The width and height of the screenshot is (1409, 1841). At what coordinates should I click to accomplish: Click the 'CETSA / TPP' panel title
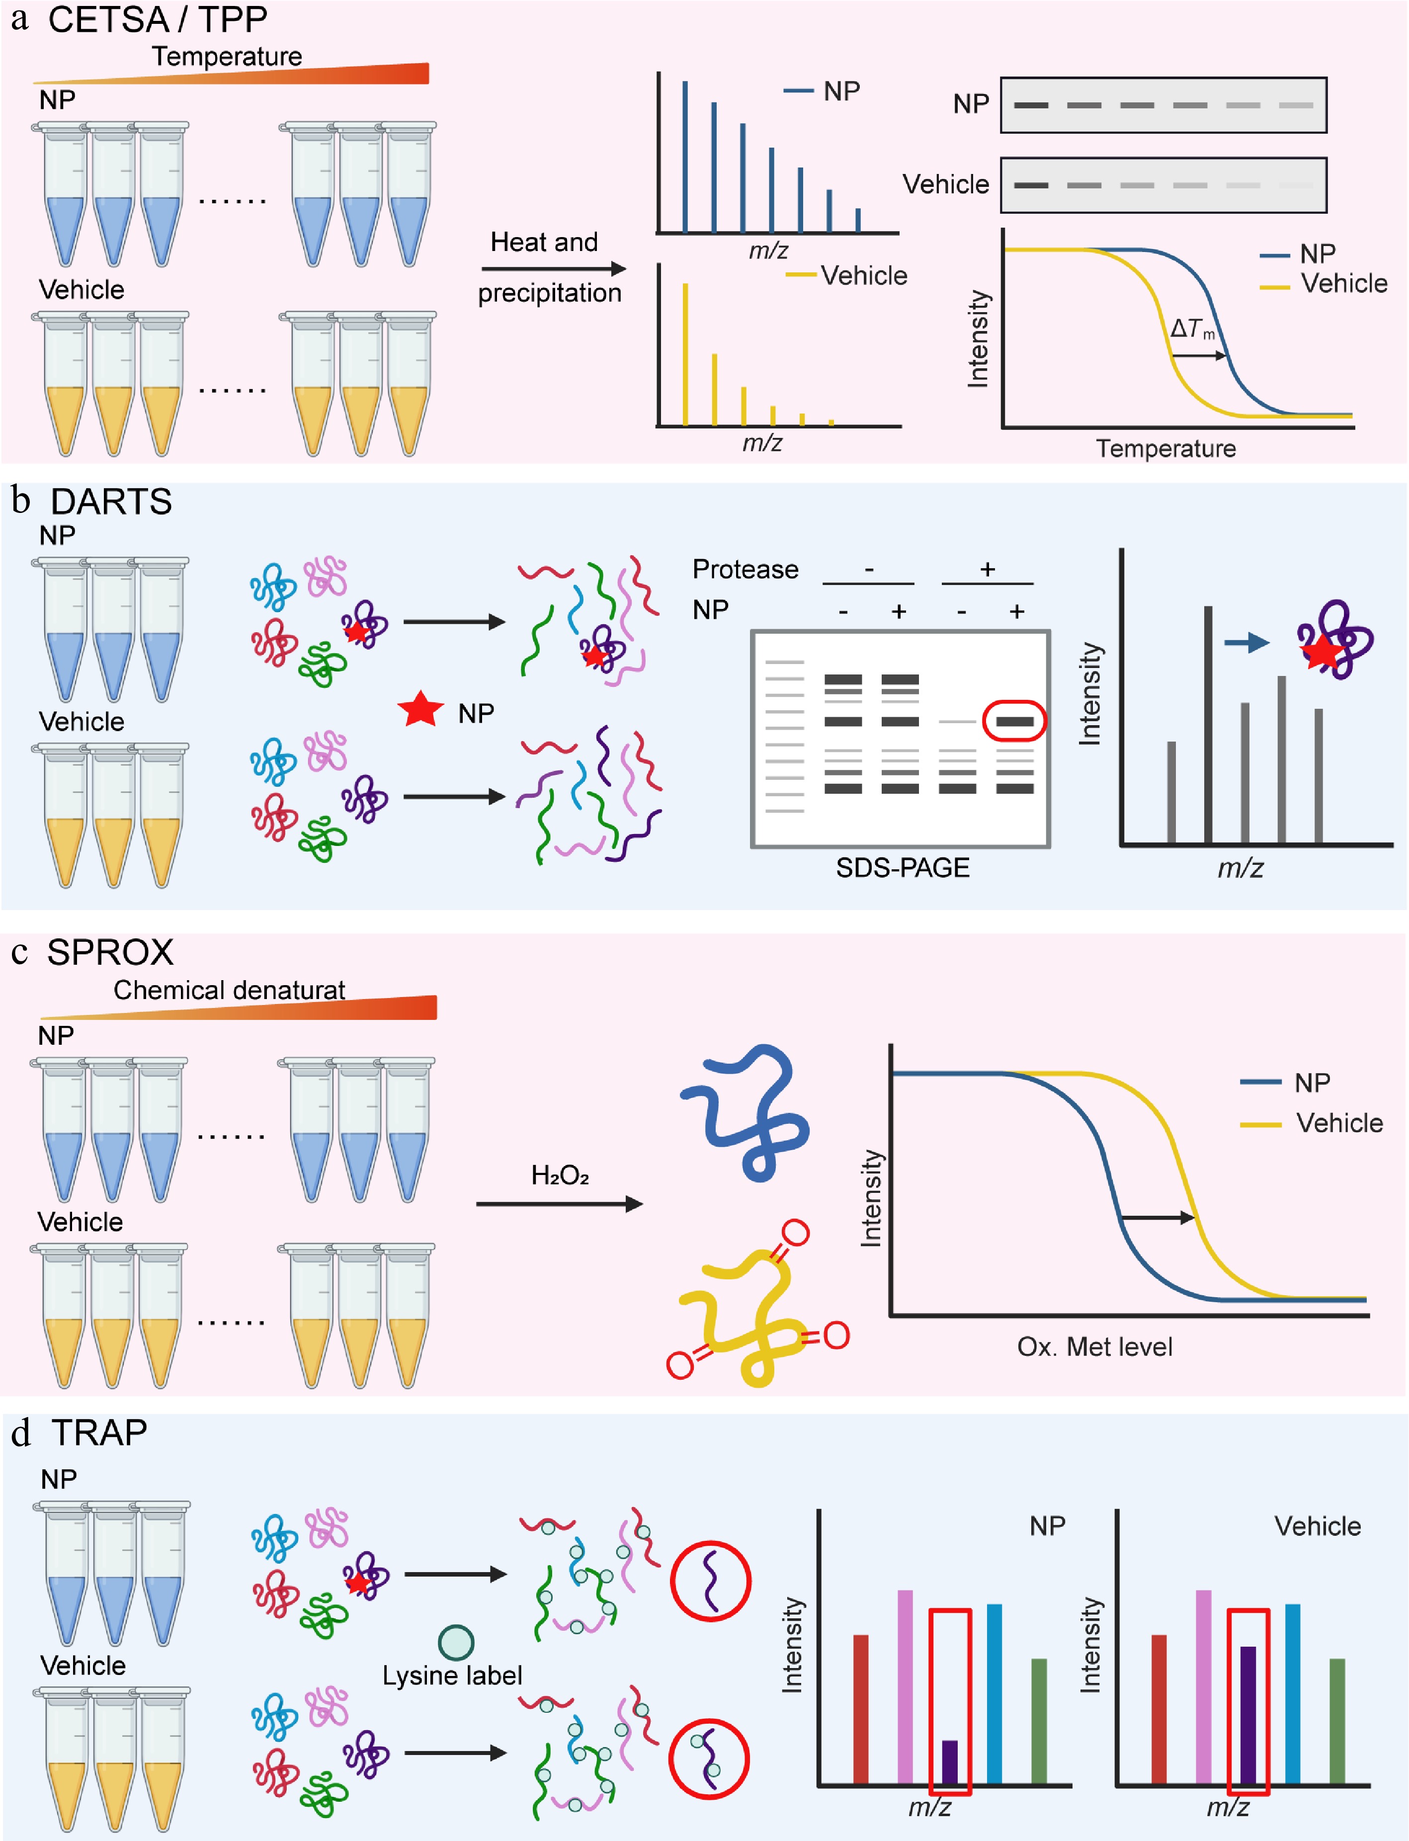click(157, 19)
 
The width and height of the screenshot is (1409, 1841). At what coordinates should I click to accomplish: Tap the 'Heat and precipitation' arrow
click(554, 268)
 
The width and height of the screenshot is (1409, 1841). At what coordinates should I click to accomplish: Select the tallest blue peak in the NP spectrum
click(685, 155)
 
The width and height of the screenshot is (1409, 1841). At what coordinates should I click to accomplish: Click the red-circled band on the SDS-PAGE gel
click(1014, 721)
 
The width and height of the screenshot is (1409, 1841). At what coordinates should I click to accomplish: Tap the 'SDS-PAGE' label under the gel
click(903, 867)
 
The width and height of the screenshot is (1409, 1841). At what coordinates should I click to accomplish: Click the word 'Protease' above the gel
click(745, 570)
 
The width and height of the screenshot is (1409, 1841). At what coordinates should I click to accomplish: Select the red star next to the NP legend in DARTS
click(420, 710)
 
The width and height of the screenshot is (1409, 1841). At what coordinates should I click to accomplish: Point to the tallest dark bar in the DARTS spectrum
click(1208, 723)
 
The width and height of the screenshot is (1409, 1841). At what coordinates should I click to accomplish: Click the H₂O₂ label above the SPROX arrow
click(560, 1175)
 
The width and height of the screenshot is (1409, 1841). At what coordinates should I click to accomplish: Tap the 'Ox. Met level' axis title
click(1094, 1347)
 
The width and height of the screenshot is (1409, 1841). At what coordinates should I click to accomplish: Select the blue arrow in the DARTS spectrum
click(1246, 643)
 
